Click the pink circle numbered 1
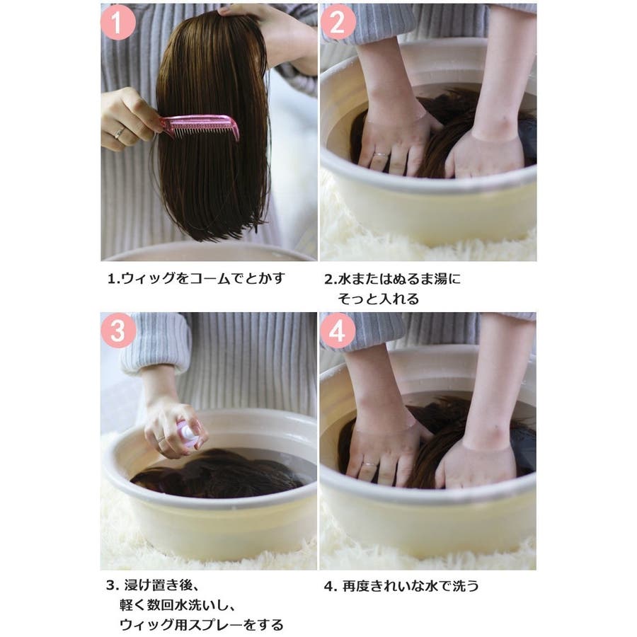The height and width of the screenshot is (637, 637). tap(117, 22)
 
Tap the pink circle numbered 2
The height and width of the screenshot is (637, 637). tap(338, 22)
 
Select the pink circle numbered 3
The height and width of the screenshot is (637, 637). tap(117, 331)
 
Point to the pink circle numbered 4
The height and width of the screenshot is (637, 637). tap(338, 331)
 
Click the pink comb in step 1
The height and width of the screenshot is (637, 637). tap(201, 127)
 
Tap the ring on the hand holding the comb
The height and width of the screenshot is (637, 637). tap(120, 132)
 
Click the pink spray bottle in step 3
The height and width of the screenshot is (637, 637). tap(188, 434)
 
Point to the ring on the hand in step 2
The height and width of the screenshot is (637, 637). tap(381, 154)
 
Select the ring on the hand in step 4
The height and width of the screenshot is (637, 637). tap(369, 464)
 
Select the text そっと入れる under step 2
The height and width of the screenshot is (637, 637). tap(378, 299)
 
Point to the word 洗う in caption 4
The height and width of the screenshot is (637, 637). tap(466, 586)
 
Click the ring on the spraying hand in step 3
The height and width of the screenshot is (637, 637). tap(161, 438)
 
